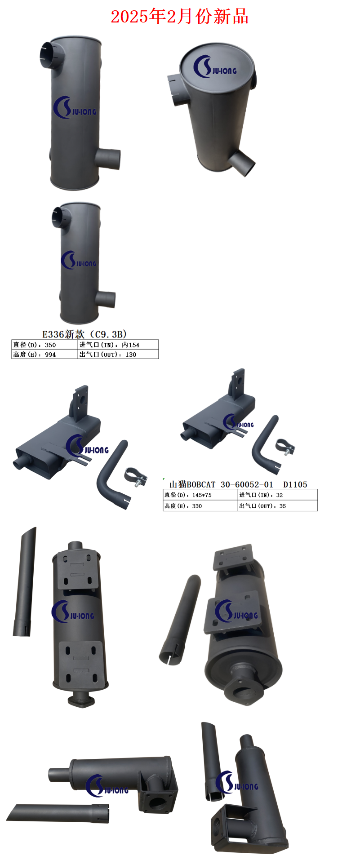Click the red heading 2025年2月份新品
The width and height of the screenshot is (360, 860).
tap(179, 17)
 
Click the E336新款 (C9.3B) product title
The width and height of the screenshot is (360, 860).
tap(84, 334)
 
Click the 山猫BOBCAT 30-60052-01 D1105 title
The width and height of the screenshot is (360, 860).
tap(238, 484)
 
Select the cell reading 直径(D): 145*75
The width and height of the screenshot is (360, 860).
tap(200, 495)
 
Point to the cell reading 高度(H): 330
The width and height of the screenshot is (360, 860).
tap(200, 506)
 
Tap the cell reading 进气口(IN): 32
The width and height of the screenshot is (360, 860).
tap(277, 495)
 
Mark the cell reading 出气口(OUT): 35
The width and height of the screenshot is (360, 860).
tap(277, 506)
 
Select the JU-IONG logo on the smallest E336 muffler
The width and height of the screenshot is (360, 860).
tap(79, 261)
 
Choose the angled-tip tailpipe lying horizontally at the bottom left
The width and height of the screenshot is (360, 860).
tap(58, 812)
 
